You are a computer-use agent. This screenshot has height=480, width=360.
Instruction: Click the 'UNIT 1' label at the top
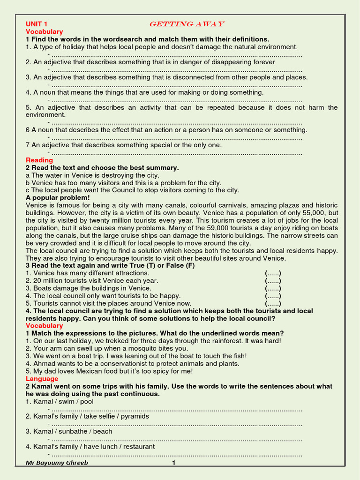pos(37,24)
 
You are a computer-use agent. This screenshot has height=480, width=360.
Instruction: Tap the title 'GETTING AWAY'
pos(187,24)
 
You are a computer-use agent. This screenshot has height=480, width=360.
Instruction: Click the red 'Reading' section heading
pos(39,160)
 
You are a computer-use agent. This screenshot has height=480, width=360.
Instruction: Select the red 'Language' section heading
pos(42,379)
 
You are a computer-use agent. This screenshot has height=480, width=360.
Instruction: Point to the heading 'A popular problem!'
pos(57,198)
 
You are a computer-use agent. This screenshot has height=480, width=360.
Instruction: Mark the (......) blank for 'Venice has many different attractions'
pos(273,273)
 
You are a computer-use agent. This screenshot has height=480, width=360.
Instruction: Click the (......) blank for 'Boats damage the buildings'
pos(273,288)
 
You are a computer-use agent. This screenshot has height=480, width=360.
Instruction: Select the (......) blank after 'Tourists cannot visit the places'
pos(273,303)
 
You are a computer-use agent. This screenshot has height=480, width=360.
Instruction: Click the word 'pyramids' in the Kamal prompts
pos(135,416)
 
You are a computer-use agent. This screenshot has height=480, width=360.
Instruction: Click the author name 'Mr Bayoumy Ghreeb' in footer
pos(57,463)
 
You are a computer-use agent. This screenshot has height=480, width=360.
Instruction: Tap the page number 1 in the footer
pos(174,463)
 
